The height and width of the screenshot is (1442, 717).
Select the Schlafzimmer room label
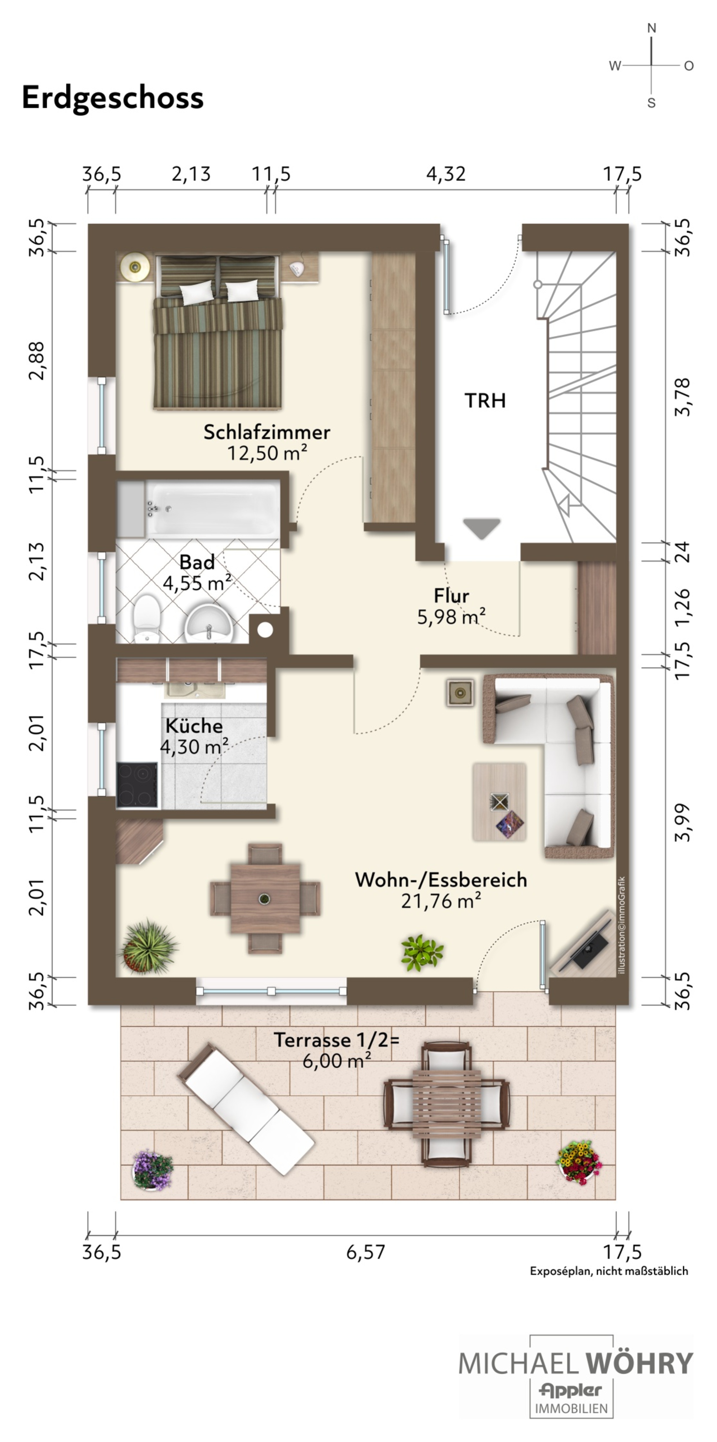267,432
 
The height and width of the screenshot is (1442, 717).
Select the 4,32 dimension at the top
446,174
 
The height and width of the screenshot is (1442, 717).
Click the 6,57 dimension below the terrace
365,1252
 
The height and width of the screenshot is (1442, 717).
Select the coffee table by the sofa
499,801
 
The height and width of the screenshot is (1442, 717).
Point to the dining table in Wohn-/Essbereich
265,898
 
